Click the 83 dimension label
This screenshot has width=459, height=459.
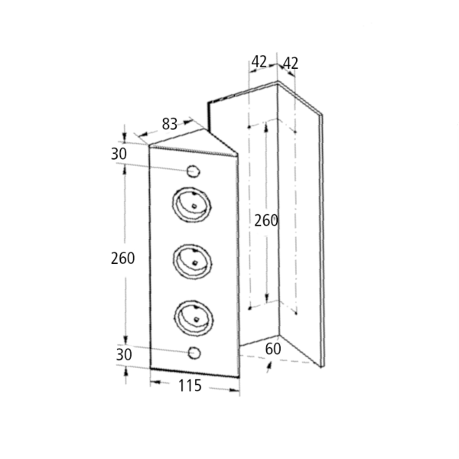click(x=170, y=124)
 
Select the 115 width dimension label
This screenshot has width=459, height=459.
click(x=190, y=386)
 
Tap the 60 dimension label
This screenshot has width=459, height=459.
click(x=273, y=349)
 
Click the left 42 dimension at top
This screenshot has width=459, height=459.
click(x=259, y=62)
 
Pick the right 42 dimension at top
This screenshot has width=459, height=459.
click(x=291, y=63)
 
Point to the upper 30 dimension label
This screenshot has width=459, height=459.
click(x=119, y=154)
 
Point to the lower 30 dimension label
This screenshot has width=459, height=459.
click(x=124, y=354)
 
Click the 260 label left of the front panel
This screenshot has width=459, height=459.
click(x=122, y=259)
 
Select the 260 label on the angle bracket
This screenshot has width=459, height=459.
click(x=265, y=220)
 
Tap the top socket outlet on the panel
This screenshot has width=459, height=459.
click(x=192, y=204)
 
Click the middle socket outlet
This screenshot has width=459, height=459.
click(x=193, y=262)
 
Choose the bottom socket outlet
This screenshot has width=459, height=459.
click(x=194, y=318)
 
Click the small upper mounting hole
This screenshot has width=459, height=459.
click(x=194, y=171)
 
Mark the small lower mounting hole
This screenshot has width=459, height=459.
click(x=194, y=353)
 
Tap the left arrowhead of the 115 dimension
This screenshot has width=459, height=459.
click(x=155, y=382)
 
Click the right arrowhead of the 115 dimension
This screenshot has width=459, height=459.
click(x=235, y=390)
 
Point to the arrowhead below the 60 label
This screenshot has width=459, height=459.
click(x=269, y=366)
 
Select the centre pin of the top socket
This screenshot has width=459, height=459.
click(x=194, y=206)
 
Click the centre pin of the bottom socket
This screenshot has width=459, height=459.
click(x=197, y=319)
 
